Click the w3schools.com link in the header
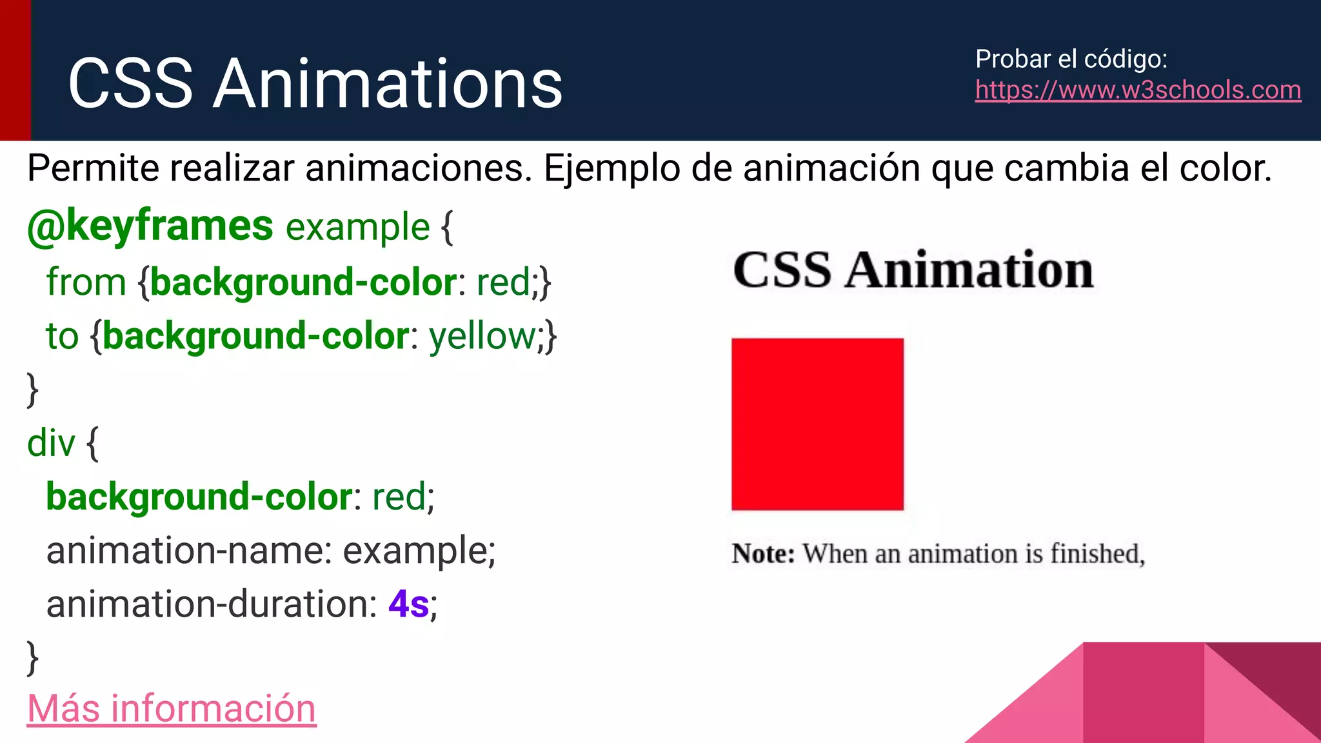1138,90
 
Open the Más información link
172,708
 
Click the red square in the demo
817,424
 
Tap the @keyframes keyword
150,226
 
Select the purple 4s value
408,604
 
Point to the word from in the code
86,282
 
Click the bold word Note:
762,553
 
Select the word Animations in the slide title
388,83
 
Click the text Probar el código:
1071,59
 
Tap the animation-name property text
188,551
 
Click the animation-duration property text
212,604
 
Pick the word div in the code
51,444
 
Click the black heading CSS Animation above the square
913,270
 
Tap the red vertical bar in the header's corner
15,70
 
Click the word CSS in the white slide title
130,83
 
